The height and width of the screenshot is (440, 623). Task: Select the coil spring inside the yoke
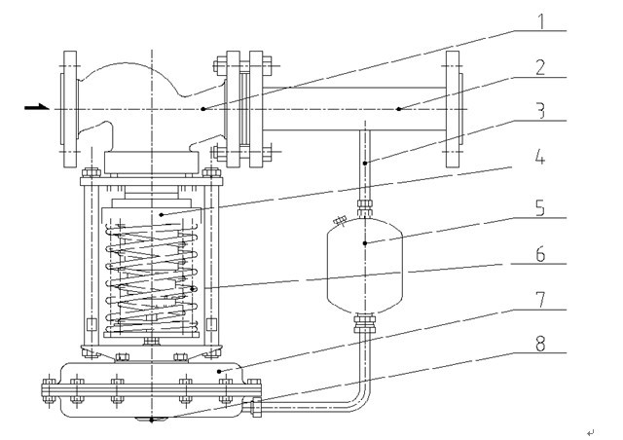click(x=155, y=275)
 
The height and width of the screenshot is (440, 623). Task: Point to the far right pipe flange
click(x=453, y=108)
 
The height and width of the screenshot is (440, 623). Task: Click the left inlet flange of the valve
click(x=69, y=108)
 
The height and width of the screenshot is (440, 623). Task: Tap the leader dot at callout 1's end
click(x=202, y=109)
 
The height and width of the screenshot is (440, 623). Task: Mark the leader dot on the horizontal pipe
click(x=399, y=109)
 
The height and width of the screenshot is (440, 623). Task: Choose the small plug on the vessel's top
click(x=340, y=221)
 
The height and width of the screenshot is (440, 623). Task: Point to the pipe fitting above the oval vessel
click(x=366, y=206)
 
